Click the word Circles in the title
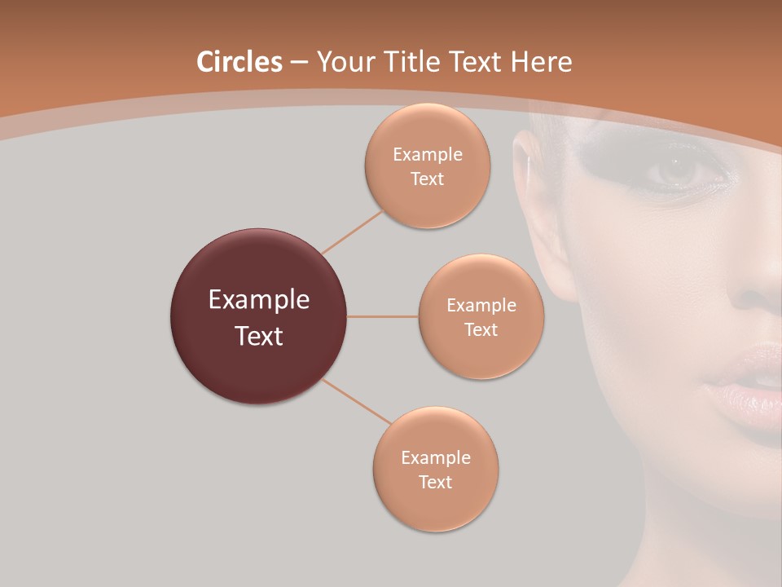239,61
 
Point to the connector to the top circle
353,232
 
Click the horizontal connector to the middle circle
383,316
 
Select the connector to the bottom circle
357,401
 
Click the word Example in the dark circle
259,300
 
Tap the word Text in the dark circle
259,336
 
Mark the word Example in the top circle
428,154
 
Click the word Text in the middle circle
481,329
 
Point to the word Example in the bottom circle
436,457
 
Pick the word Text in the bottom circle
436,482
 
